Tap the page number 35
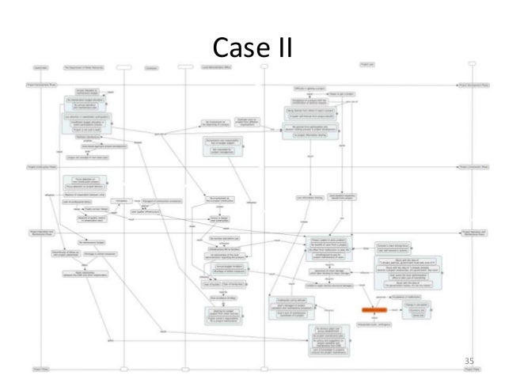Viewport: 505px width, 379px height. tap(471, 362)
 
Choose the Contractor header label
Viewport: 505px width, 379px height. tap(151, 67)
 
